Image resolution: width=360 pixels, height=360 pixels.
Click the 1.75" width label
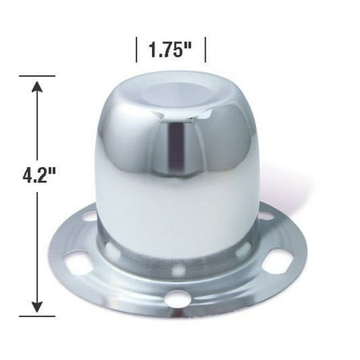click(x=169, y=50)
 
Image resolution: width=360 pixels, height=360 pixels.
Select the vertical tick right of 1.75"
click(x=206, y=50)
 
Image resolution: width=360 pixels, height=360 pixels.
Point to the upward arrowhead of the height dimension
click(x=35, y=82)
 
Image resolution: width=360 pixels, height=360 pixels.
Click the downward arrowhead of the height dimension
click(x=35, y=308)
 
